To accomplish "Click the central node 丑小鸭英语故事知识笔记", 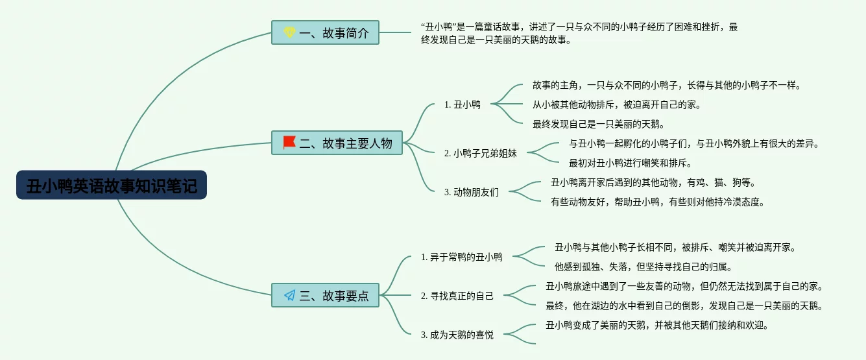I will [112, 186].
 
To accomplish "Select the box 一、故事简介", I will [325, 32].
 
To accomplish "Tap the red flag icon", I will [289, 143].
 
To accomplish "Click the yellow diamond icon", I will [289, 32].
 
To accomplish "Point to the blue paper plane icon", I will [289, 295].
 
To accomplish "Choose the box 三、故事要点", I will [325, 295].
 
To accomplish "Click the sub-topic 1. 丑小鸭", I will [462, 104].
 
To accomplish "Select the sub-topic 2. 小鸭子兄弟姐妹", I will [485, 153].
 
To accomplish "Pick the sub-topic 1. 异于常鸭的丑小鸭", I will [461, 257].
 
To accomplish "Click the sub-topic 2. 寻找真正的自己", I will [457, 296].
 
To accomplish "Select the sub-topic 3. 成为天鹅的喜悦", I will [457, 335].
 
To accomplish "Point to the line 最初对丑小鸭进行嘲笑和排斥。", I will [631, 163].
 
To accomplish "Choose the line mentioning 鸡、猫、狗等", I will [653, 182].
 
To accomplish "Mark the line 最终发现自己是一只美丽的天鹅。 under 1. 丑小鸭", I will [598, 124].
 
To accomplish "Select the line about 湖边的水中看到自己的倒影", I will [684, 306].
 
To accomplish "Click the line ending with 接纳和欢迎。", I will [657, 325].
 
